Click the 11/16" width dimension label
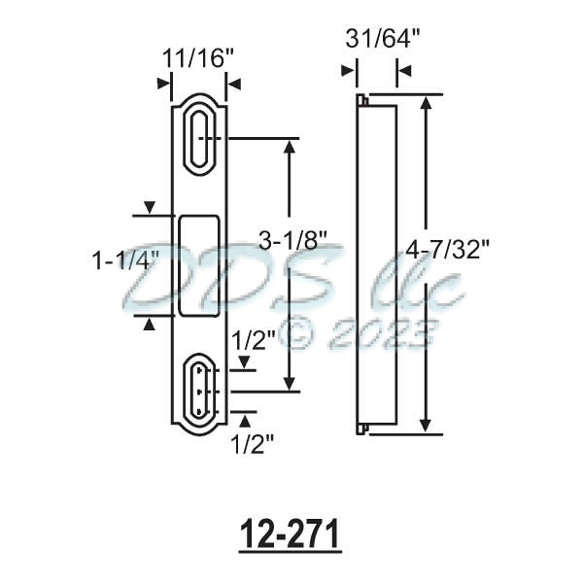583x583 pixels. click(x=194, y=57)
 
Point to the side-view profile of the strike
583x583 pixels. click(x=379, y=264)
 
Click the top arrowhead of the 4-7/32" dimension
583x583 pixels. click(x=425, y=102)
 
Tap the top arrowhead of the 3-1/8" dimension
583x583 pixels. click(x=289, y=147)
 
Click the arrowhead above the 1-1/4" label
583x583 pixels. click(x=149, y=207)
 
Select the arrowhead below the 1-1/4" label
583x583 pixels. click(x=149, y=326)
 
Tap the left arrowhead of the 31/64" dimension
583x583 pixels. click(x=347, y=71)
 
